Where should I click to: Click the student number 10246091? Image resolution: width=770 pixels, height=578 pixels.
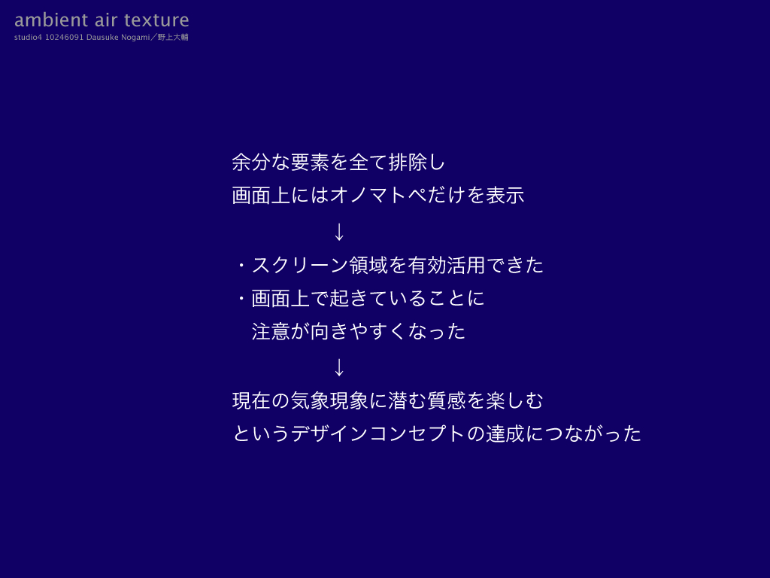pos(65,38)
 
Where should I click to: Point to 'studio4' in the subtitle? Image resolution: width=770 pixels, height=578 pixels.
pos(28,38)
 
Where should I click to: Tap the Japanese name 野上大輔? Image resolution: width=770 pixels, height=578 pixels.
pos(173,38)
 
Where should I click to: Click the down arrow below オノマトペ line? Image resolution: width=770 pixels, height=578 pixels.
pos(339,232)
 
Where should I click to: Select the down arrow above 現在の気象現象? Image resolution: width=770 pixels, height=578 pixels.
pos(339,367)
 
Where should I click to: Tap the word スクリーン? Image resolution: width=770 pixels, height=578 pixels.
pos(300,266)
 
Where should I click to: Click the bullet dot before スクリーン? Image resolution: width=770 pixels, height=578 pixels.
pos(241,266)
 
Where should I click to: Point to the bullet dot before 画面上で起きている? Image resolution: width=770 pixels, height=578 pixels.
pos(241,298)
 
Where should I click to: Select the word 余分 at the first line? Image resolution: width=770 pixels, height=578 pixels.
pos(251,163)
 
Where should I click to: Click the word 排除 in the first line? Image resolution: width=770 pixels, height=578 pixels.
pos(408,163)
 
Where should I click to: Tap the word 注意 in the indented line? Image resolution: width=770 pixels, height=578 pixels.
pos(271,331)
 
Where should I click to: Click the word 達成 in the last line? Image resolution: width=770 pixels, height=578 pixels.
pos(505,433)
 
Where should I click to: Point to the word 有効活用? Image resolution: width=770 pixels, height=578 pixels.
pos(447,266)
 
